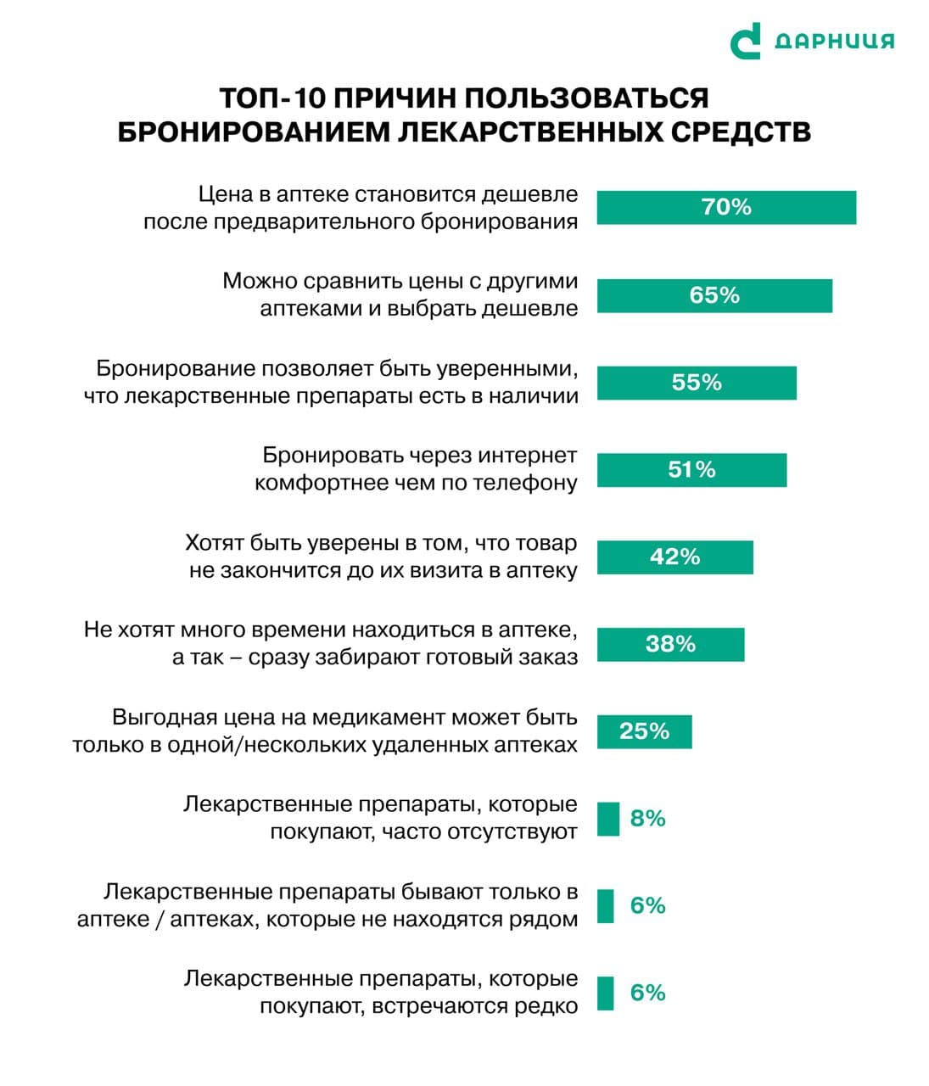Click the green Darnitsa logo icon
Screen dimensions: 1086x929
pyautogui.click(x=745, y=41)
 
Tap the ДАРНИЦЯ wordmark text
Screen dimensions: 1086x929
pyautogui.click(x=835, y=41)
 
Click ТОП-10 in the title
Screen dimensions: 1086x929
pyautogui.click(x=271, y=98)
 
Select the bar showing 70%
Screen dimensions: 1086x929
pyautogui.click(x=726, y=207)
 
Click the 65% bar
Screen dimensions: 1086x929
pyautogui.click(x=714, y=295)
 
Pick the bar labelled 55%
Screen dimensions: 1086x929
pyautogui.click(x=697, y=383)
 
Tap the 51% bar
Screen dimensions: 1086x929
pyautogui.click(x=691, y=470)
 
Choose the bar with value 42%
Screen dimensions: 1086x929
pyautogui.click(x=674, y=557)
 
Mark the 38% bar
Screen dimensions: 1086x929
pyautogui.click(x=670, y=644)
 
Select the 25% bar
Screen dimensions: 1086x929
pyautogui.click(x=644, y=731)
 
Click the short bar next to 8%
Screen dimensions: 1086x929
pyautogui.click(x=607, y=819)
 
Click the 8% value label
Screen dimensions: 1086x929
pyautogui.click(x=647, y=819)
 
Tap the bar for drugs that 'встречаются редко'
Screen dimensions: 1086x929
pyautogui.click(x=605, y=994)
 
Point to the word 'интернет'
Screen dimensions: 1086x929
pyautogui.click(x=527, y=456)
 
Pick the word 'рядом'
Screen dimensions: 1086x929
pyautogui.click(x=542, y=920)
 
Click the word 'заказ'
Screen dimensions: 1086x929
pyautogui.click(x=549, y=658)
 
